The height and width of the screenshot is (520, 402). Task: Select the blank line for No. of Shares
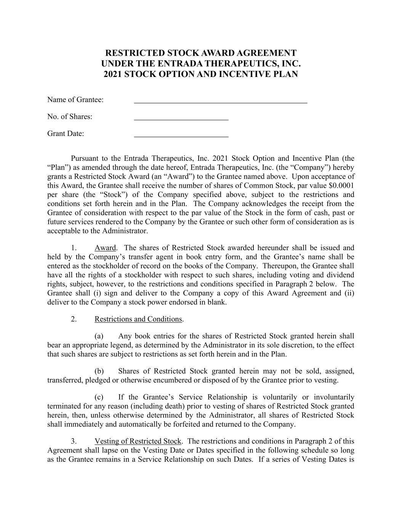pos(181,119)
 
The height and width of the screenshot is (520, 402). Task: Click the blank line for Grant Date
pos(181,136)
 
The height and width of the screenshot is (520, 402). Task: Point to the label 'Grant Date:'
pos(66,134)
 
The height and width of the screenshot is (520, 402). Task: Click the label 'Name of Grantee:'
pos(75,100)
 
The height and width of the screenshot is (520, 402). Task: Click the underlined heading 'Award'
pos(105,248)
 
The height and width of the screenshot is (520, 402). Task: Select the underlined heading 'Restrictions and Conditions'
pos(138,319)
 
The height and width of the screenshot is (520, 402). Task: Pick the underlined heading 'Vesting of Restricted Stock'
pos(138,441)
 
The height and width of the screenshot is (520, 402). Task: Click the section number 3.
pos(74,441)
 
